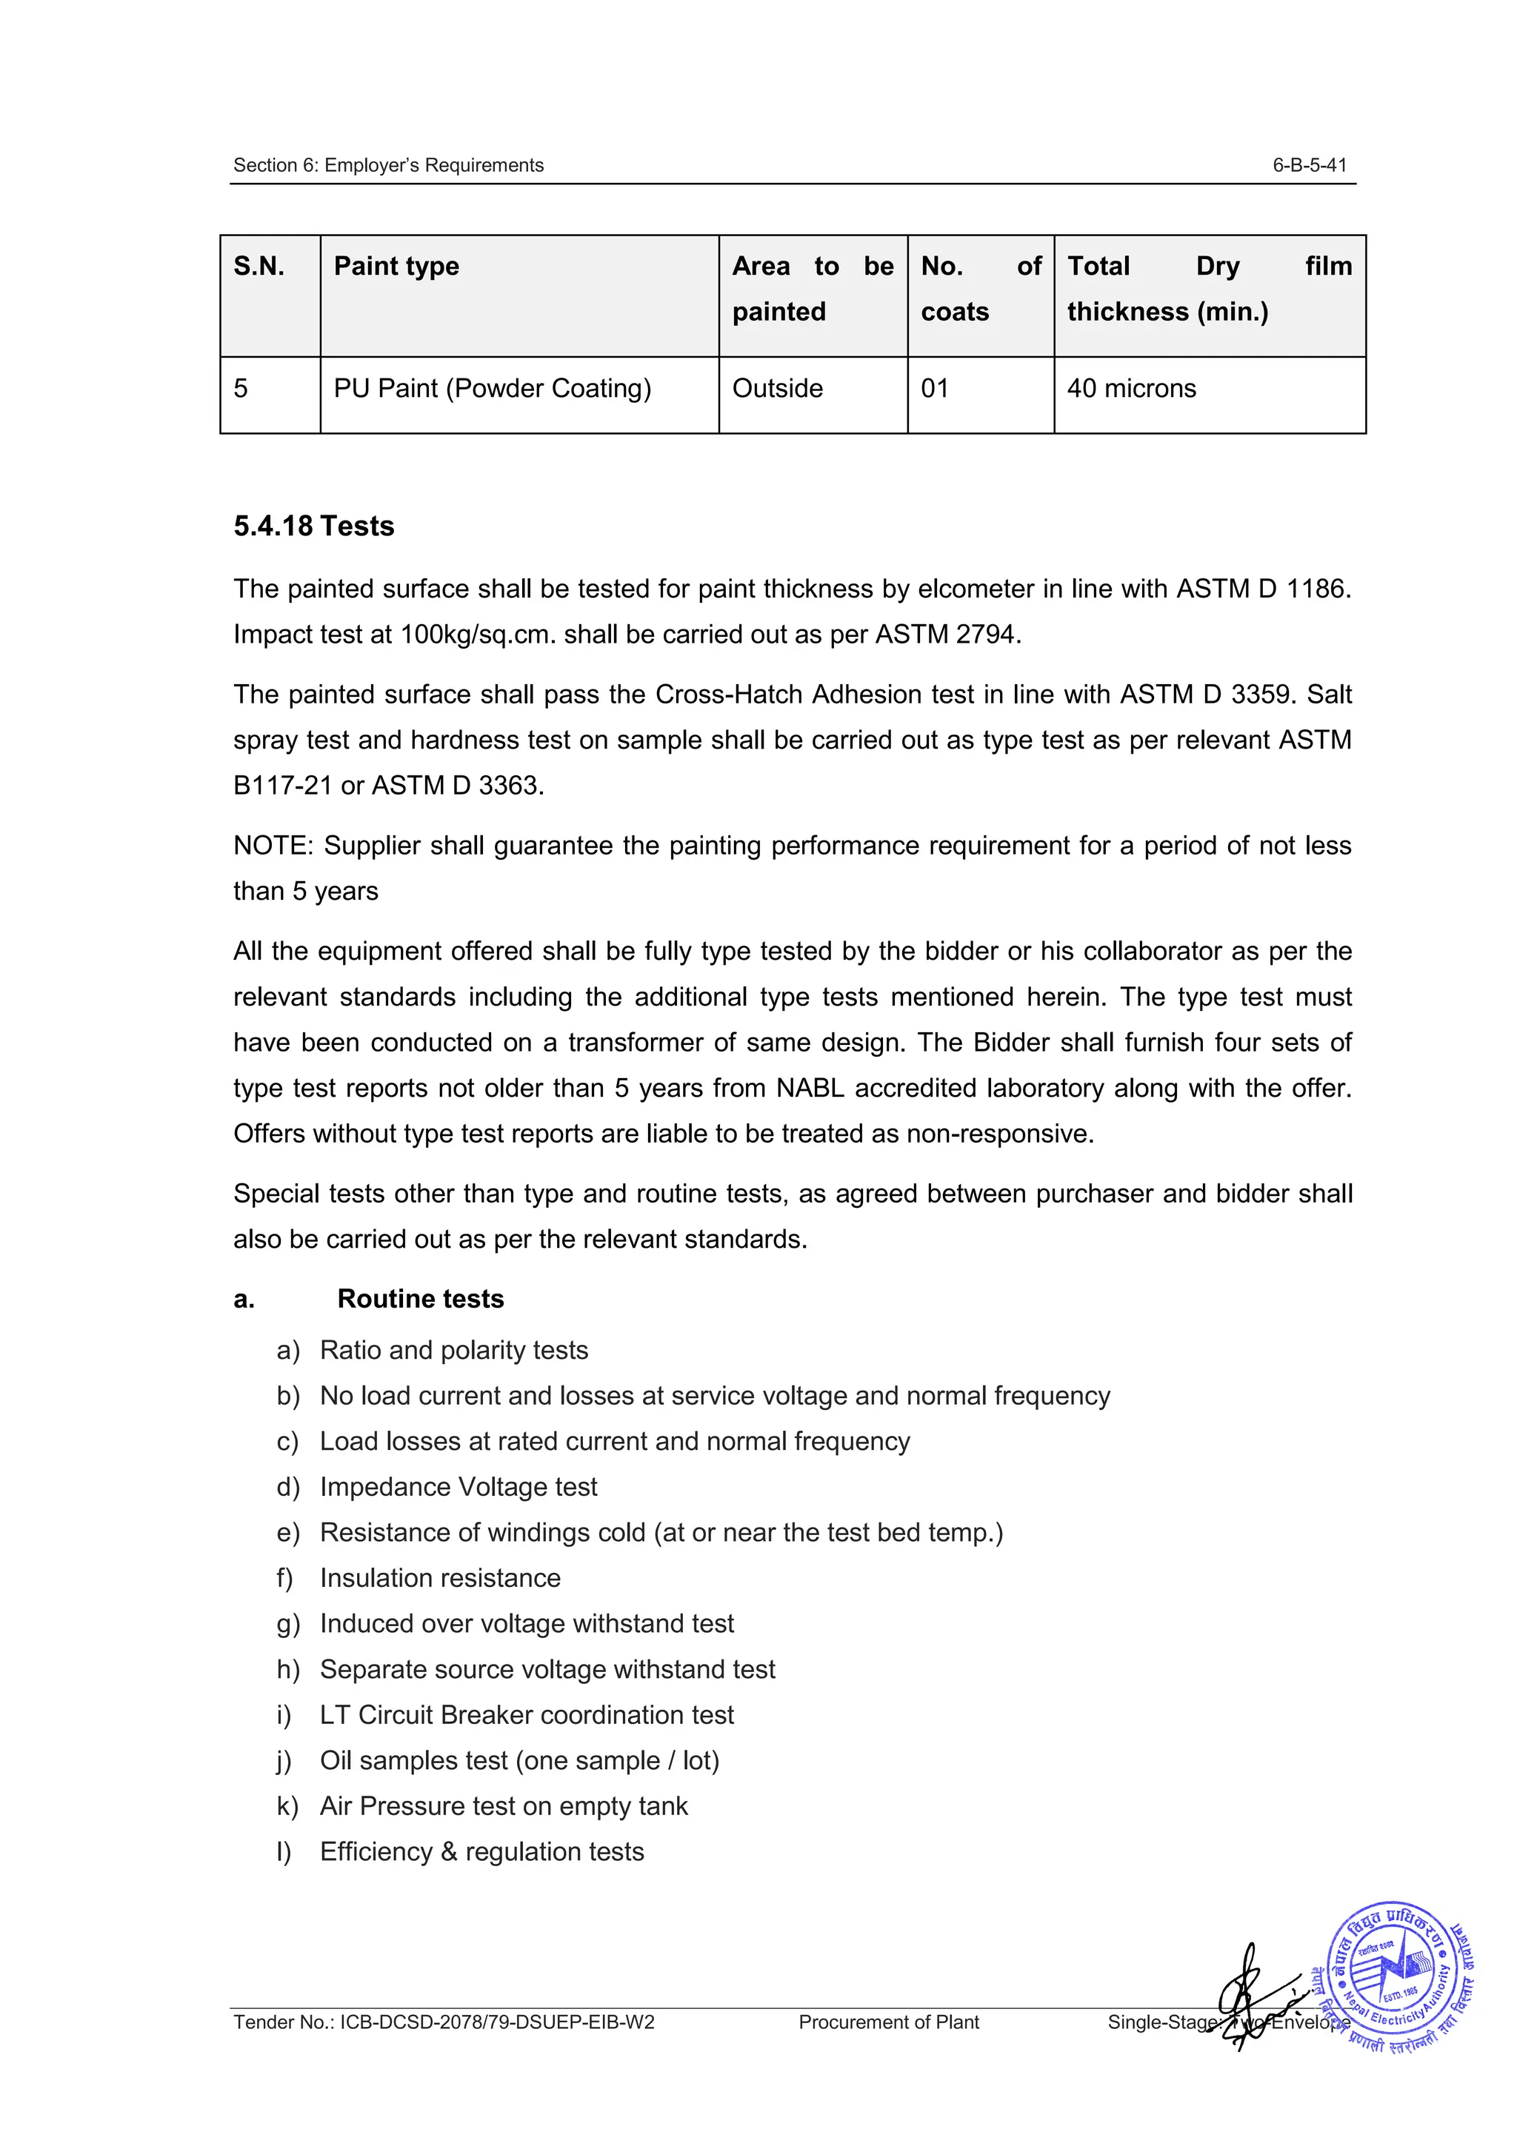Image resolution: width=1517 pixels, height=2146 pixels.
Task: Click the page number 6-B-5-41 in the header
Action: click(x=1309, y=165)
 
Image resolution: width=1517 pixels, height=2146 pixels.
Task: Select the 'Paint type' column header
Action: click(x=396, y=267)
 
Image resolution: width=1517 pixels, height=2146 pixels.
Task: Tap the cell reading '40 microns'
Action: click(x=1131, y=389)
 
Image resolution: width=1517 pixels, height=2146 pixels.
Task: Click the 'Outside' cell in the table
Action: click(x=777, y=389)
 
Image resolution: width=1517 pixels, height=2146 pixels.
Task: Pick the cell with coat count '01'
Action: click(x=935, y=389)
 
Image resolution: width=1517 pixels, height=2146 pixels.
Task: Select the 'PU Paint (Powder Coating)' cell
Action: click(x=492, y=389)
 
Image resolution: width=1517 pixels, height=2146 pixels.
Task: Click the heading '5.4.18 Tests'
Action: click(x=314, y=527)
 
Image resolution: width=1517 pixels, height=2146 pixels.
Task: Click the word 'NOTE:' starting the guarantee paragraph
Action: click(x=274, y=846)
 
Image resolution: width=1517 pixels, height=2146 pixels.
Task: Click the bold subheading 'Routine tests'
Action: click(x=420, y=1299)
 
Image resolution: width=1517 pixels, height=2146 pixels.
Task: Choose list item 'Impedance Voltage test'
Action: click(x=458, y=1487)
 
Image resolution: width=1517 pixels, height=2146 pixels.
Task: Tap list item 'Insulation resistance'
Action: click(x=439, y=1578)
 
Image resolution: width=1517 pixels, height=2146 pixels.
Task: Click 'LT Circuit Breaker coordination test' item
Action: click(x=526, y=1715)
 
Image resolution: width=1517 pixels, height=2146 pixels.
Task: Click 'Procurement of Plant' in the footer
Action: click(x=888, y=2022)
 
